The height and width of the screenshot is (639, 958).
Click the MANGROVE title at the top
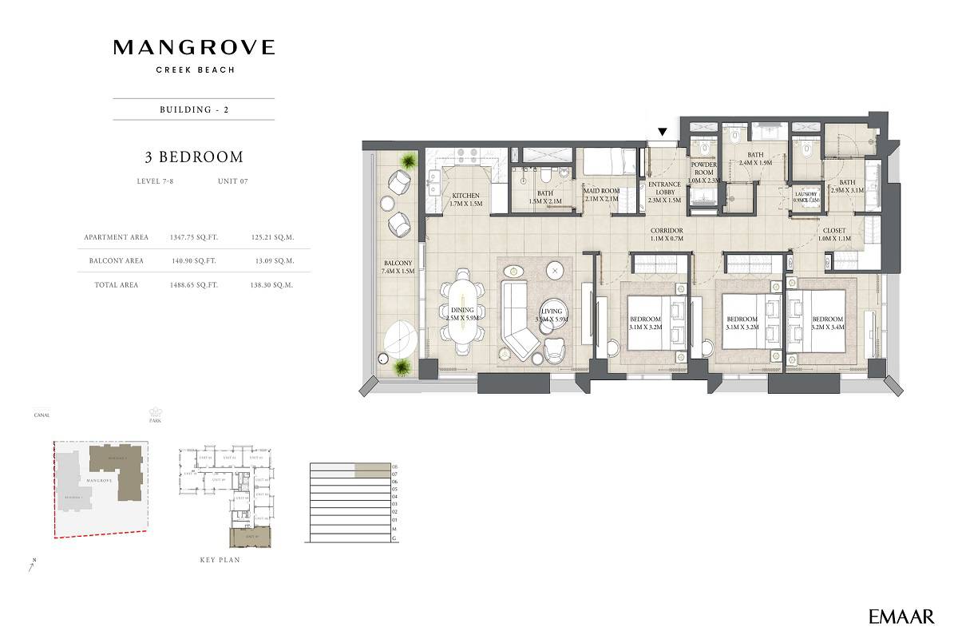coord(194,48)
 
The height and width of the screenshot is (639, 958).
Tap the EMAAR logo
coord(901,616)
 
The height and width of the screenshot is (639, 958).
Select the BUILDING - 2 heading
coord(194,109)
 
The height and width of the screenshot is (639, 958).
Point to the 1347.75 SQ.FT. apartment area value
coord(194,237)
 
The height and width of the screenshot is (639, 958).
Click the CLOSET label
coord(836,234)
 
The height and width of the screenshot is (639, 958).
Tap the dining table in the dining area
coord(462,312)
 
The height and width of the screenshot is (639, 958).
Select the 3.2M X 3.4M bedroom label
coord(827,322)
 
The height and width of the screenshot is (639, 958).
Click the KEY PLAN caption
coord(220,560)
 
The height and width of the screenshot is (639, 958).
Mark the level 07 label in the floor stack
coord(394,474)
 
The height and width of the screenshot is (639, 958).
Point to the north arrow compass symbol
coord(30,568)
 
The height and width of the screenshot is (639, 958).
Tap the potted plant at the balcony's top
coord(408,161)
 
